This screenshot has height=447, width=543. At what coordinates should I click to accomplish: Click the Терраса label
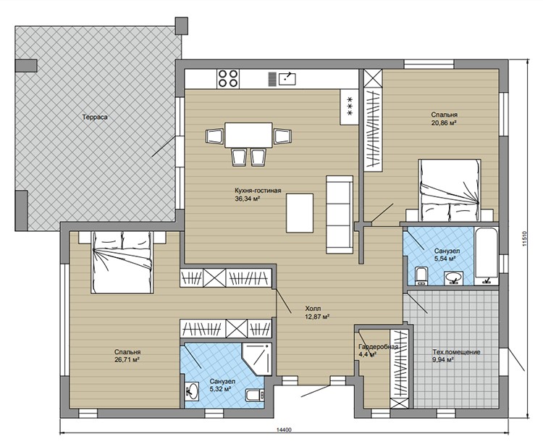95,117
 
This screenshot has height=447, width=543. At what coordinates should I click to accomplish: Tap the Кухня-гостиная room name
258,191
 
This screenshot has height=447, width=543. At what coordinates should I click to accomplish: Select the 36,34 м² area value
248,199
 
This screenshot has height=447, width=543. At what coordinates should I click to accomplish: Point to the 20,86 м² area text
444,122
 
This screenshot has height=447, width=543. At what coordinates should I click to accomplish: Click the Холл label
313,309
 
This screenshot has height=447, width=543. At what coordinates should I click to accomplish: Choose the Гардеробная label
378,346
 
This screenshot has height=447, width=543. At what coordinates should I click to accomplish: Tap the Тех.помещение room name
456,352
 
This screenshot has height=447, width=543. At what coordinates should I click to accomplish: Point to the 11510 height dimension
525,238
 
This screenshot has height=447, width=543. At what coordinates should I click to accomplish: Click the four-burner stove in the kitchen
227,78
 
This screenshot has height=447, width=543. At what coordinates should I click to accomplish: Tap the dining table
248,135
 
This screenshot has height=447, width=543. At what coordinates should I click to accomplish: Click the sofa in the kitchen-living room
340,214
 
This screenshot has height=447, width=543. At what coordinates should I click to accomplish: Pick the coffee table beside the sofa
300,213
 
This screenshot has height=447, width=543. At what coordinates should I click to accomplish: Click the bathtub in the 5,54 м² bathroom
487,256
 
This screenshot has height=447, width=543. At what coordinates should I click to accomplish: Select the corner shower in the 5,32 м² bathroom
258,359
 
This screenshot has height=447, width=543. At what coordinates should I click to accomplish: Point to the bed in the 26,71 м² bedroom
122,262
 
